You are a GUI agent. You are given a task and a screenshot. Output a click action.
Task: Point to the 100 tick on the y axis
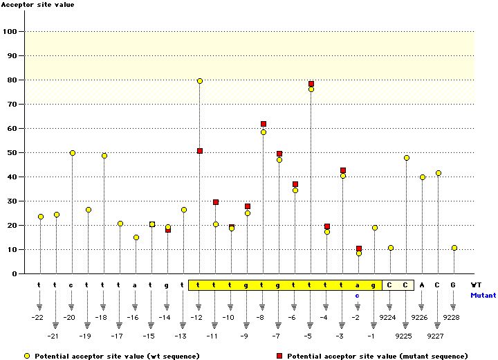tap(12, 31)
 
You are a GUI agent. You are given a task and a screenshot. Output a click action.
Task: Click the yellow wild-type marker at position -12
tap(200, 81)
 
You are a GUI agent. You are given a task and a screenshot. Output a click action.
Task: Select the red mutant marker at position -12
tap(200, 151)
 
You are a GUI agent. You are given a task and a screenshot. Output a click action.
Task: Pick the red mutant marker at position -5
tap(311, 84)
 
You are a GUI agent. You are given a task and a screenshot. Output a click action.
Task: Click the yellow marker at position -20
tap(72, 153)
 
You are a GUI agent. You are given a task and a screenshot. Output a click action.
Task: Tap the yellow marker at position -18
tap(104, 156)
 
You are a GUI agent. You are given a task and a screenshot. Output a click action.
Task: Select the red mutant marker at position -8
tap(264, 124)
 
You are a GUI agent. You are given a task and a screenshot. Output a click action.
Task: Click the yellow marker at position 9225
tap(407, 158)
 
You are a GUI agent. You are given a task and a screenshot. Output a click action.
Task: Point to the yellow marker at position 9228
tap(454, 248)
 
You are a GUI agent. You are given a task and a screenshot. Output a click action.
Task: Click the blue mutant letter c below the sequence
tap(358, 295)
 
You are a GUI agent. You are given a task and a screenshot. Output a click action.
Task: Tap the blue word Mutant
tap(483, 295)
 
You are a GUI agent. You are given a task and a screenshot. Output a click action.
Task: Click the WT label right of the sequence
tap(476, 285)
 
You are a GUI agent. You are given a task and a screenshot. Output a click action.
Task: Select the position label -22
tap(37, 317)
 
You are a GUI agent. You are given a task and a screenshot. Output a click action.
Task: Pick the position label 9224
tap(389, 317)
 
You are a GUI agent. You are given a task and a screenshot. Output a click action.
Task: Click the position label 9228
tap(452, 317)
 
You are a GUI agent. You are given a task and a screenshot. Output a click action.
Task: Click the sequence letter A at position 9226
tap(422, 285)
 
